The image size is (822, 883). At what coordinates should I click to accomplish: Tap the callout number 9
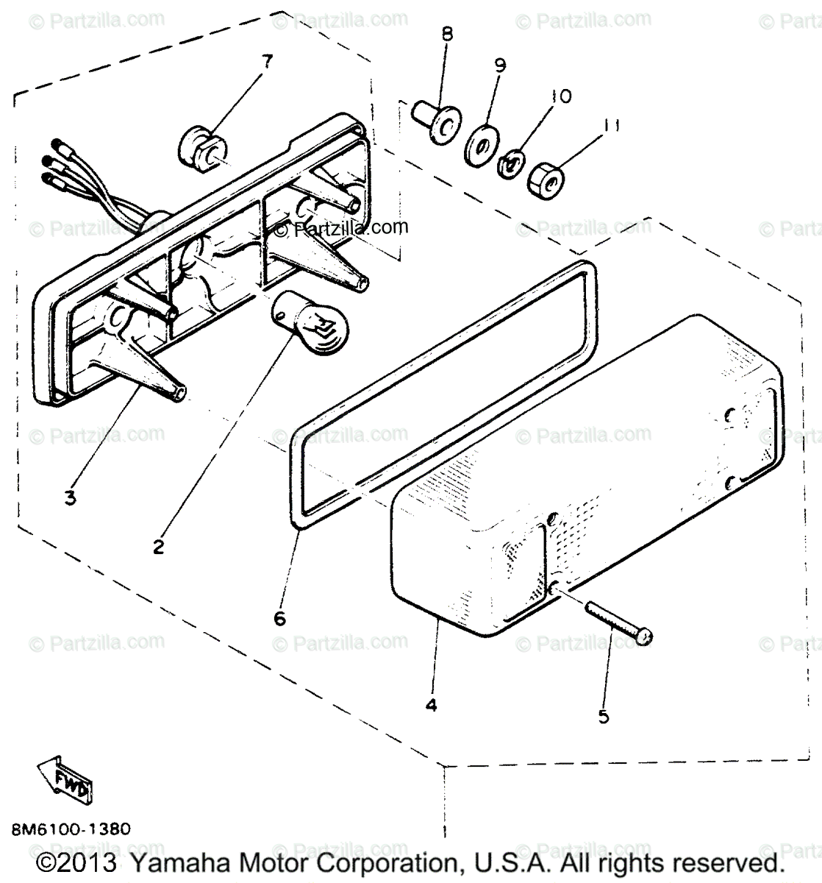click(x=499, y=65)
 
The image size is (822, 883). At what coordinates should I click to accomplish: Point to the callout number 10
click(x=561, y=96)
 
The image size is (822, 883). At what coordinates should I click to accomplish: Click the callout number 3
click(x=70, y=498)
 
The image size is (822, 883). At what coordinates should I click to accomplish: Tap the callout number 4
click(x=431, y=704)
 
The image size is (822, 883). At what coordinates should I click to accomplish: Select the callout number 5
click(x=604, y=715)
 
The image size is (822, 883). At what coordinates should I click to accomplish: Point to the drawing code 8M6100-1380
click(x=72, y=829)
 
